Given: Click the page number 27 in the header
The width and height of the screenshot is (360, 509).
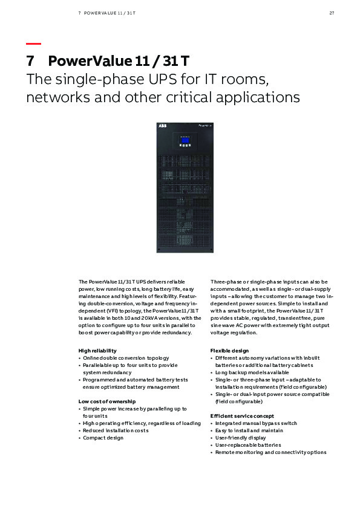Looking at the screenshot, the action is tap(332, 12).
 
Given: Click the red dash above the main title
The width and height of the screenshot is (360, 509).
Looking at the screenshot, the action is tap(34, 44).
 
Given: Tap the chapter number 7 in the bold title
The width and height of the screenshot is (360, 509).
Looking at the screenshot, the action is tap(30, 62).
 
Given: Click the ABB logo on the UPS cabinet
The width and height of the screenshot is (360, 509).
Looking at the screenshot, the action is tap(163, 126).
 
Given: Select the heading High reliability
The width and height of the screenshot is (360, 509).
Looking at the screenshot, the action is tap(97, 351).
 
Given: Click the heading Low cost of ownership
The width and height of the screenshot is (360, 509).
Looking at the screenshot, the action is tap(107, 401).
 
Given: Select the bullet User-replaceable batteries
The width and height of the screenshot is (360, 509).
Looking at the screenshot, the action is tap(248, 445).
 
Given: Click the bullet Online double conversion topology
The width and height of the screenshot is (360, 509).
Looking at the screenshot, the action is tap(126, 358).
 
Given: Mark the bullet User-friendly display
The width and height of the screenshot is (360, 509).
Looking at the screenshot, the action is tap(240, 438).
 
